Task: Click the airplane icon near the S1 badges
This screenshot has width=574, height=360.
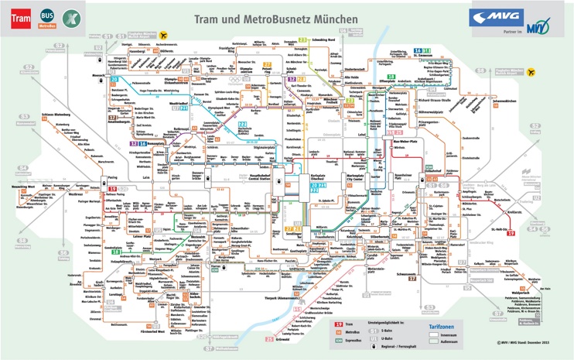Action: pyautogui.click(x=163, y=35)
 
